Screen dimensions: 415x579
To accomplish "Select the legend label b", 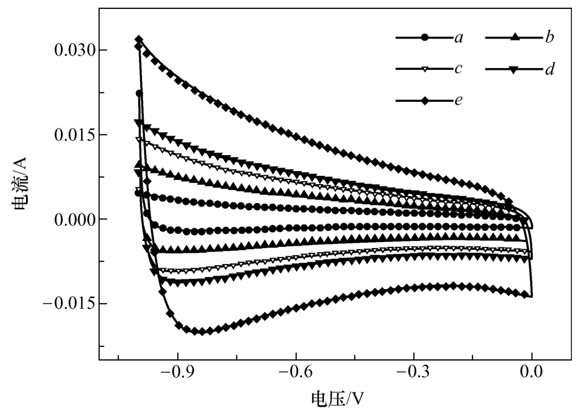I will point(549,38).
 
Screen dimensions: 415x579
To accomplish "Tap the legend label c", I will point(458,69).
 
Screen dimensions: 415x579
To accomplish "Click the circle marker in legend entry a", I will point(425,38).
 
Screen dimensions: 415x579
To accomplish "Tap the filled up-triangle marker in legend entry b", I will point(514,38).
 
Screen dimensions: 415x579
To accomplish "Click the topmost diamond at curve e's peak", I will point(139,40).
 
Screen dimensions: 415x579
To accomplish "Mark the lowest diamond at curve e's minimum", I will point(202,332).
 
